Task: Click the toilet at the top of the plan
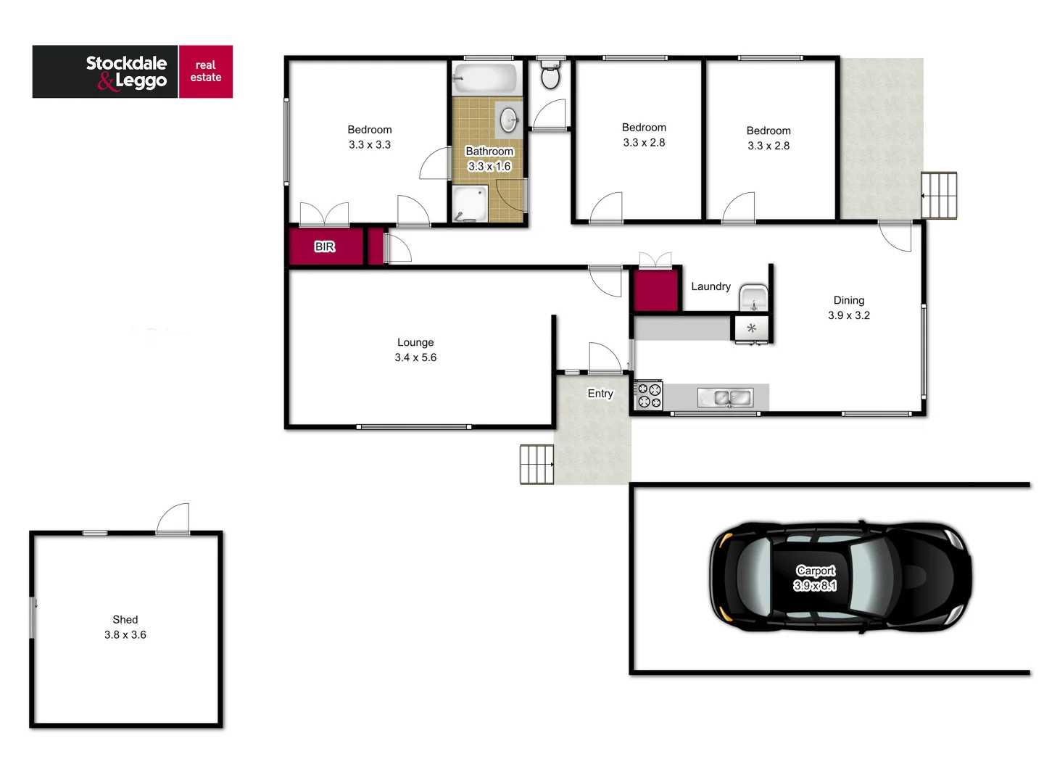(551, 75)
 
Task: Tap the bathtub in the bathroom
(486, 78)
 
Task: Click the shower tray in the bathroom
(470, 204)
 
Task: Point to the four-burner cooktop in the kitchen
(649, 395)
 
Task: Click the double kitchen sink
(725, 397)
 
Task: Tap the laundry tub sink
(753, 299)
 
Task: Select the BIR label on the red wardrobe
(325, 247)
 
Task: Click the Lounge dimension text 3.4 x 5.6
(415, 357)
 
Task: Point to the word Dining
(849, 300)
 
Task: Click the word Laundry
(710, 286)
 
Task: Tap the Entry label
(600, 394)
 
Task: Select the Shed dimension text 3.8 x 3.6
(125, 635)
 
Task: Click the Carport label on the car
(816, 571)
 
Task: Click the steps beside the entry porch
(536, 465)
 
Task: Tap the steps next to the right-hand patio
(939, 195)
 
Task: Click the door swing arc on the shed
(174, 518)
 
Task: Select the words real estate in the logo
(206, 71)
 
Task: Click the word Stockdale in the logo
(126, 63)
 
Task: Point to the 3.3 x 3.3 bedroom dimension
(370, 145)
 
